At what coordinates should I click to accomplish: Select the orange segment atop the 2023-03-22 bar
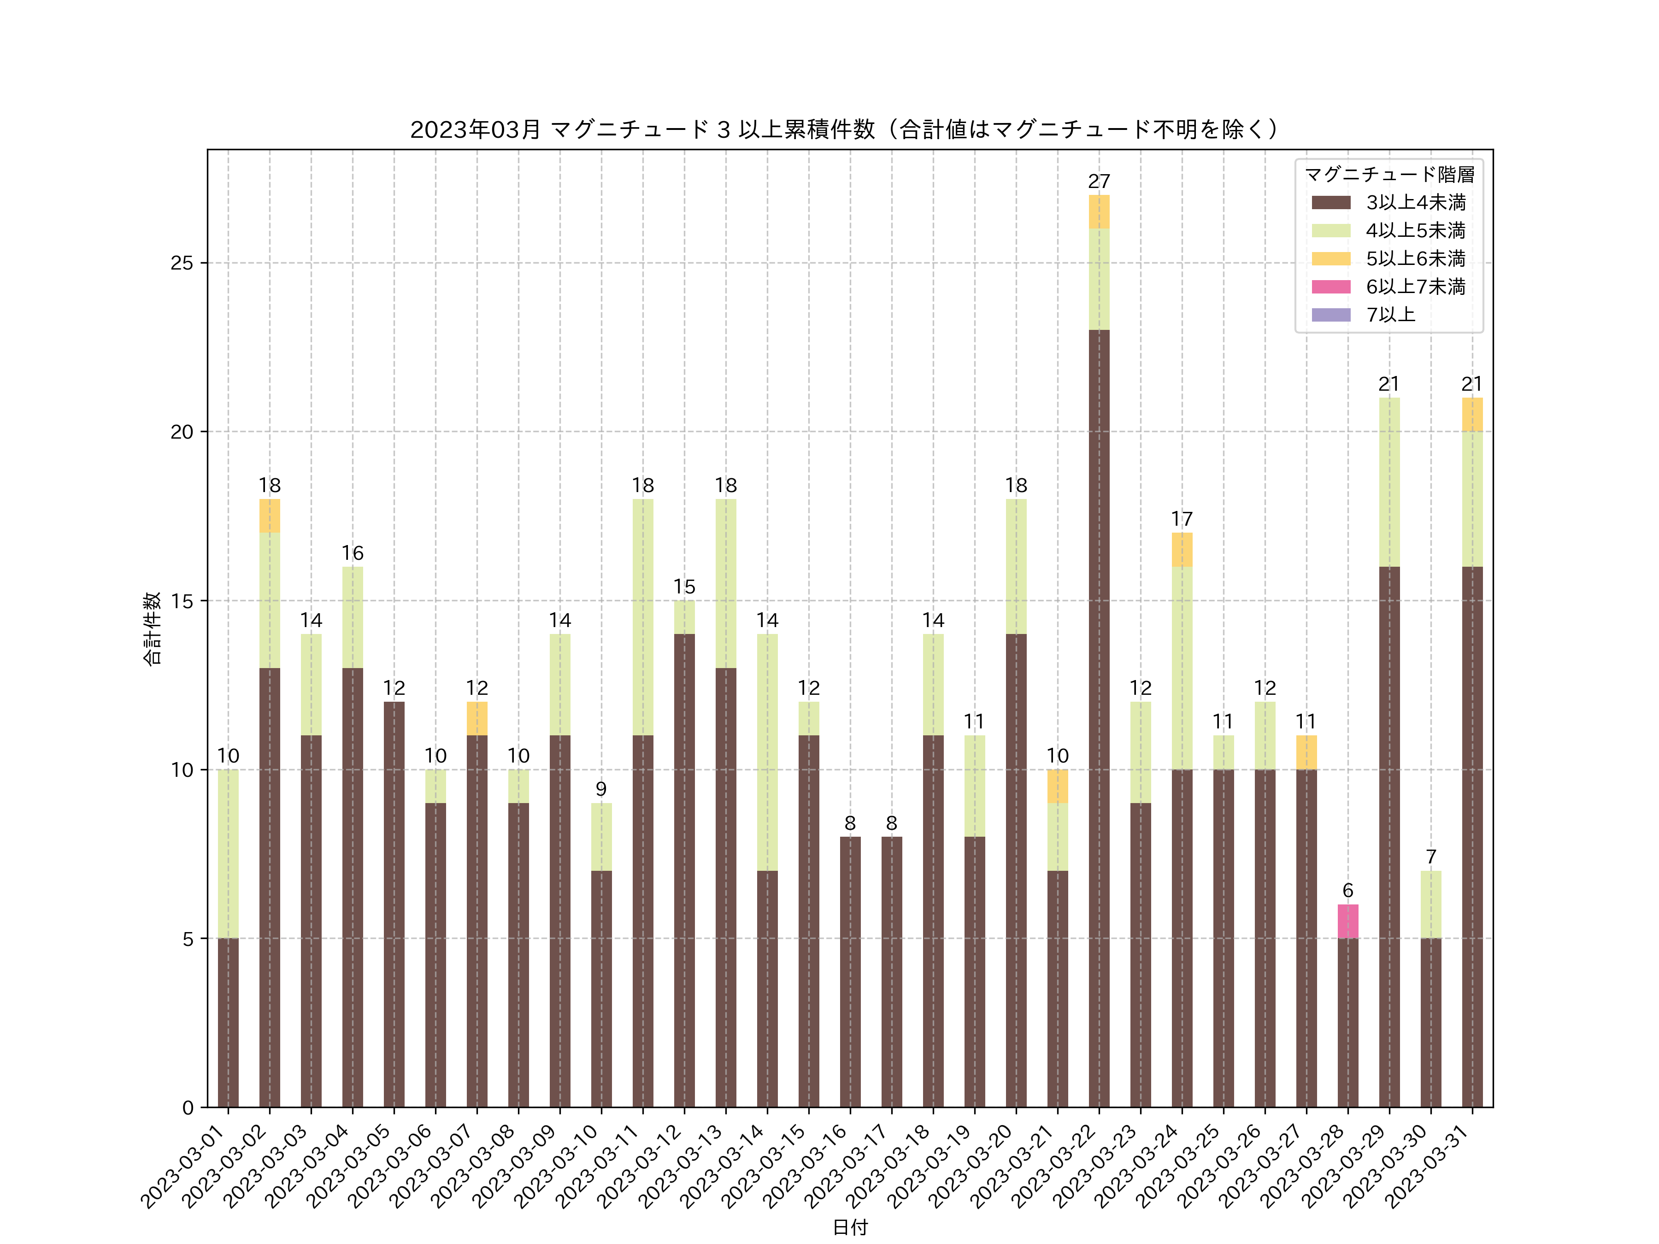(1099, 211)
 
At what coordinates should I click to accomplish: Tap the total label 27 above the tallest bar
(1099, 182)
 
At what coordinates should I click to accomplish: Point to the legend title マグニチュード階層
(1389, 175)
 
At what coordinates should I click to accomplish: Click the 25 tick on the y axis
(182, 263)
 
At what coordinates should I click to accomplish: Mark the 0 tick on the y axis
(188, 1108)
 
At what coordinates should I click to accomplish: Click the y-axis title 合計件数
(152, 628)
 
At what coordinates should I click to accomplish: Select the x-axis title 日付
(850, 1227)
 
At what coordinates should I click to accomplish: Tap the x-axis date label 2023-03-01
(184, 1166)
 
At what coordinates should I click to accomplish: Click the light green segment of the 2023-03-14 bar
(767, 752)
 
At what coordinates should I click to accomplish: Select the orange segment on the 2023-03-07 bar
(477, 718)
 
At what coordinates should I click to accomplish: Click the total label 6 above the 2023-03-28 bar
(1348, 891)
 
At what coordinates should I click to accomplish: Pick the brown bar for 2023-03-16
(850, 972)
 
